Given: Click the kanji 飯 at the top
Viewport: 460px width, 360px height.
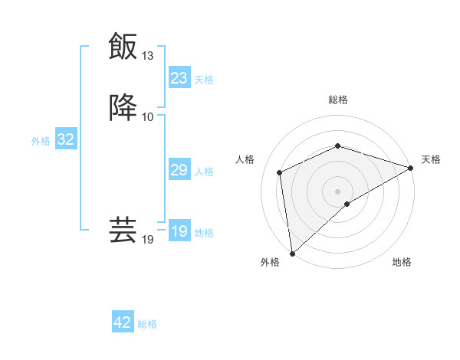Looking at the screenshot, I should point(123,46).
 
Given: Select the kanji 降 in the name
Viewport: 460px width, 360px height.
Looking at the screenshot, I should point(123,106).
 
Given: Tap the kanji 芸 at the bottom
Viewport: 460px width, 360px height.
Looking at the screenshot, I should point(123,229).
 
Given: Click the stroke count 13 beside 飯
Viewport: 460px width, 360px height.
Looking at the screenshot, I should point(148,56).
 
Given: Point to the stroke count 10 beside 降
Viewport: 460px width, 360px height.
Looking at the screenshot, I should point(148,116).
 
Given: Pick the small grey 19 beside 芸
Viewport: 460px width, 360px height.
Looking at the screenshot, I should point(148,240).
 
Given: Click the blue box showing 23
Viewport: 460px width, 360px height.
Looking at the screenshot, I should point(179,78).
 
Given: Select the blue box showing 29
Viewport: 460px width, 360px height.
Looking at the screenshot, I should point(179,170).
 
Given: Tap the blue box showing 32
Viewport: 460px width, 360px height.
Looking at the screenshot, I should point(65,139).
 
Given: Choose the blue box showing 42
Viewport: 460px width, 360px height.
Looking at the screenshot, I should point(123,322).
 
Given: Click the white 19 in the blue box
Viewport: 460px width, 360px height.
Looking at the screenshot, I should point(179,231).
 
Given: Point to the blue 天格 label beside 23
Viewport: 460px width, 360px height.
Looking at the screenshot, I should point(204,80).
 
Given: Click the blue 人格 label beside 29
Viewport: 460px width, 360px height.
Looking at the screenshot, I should point(204,172).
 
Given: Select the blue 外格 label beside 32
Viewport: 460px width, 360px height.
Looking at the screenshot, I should point(41,141).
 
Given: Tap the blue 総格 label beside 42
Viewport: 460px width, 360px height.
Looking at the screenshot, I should point(147,324).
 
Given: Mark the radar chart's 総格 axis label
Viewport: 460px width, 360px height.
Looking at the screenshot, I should point(338,100).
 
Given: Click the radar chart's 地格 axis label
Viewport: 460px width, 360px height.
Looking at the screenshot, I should point(402,263).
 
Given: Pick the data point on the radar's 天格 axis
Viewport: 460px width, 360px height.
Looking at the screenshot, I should point(411,168).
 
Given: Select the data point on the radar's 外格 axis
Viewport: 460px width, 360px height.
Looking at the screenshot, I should point(292,254).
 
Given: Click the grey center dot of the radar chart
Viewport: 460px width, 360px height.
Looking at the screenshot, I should point(338,191).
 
